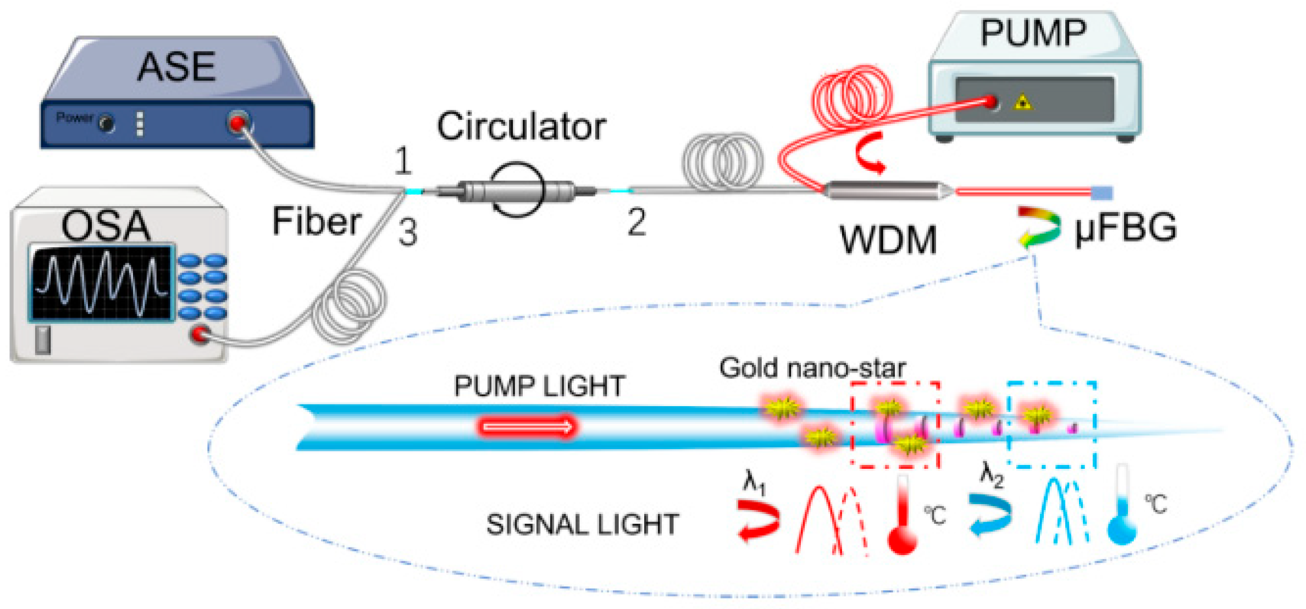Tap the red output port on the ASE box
pyautogui.click(x=237, y=122)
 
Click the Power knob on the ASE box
pyautogui.click(x=107, y=123)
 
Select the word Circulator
pyautogui.click(x=521, y=126)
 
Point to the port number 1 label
pyautogui.click(x=403, y=161)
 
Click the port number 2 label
pyautogui.click(x=637, y=222)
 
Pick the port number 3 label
pyautogui.click(x=408, y=232)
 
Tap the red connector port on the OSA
pyautogui.click(x=199, y=334)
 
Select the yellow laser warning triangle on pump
pyautogui.click(x=1022, y=102)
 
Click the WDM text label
pyautogui.click(x=888, y=240)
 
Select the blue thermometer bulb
pyautogui.click(x=1122, y=530)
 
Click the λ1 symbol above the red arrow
pyautogui.click(x=754, y=481)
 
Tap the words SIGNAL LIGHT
pyautogui.click(x=583, y=524)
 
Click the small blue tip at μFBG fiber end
pyautogui.click(x=1102, y=192)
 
